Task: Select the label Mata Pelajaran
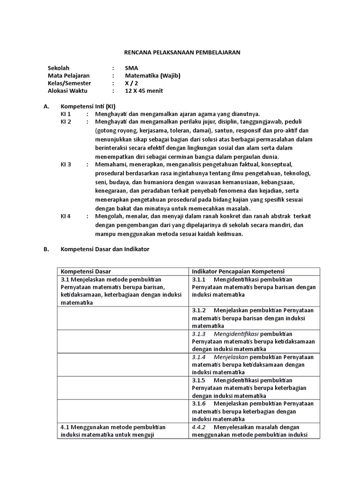coord(68,75)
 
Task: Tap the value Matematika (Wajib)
coord(152,75)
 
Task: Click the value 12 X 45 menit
coord(144,91)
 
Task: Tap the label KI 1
coord(66,114)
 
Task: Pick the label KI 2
coord(66,122)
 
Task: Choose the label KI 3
coord(66,165)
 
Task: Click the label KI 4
coord(66,216)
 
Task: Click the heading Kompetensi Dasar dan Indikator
coord(105,249)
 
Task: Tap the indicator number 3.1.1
coord(199,280)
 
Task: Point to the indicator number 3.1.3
coord(199,334)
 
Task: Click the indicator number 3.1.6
coord(199,404)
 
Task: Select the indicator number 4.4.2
coord(199,427)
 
